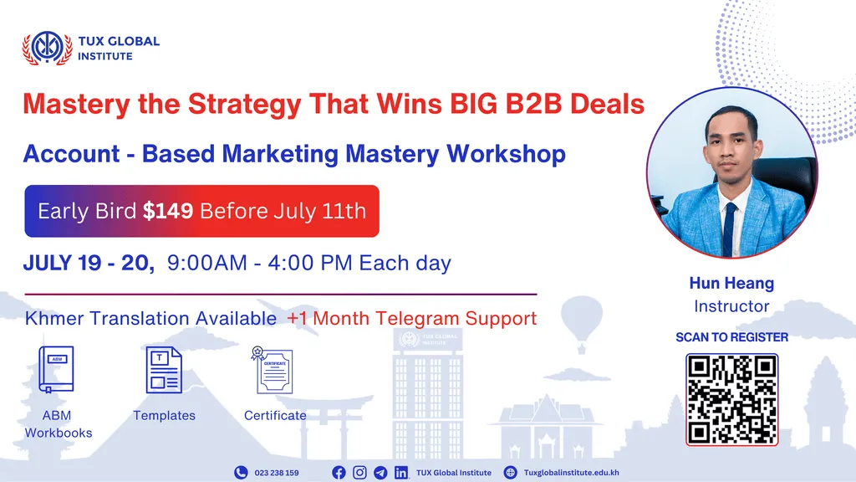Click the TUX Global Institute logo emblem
pos(47,49)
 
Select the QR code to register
pos(731,399)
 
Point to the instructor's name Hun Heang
pos(731,285)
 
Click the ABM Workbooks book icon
pos(57,370)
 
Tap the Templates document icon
pos(164,370)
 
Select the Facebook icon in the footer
pos(339,473)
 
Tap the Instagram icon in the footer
pos(359,473)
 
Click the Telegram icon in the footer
pos(380,473)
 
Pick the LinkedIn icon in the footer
pos(401,473)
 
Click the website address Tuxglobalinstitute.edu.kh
pos(571,473)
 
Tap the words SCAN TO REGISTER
pos(731,337)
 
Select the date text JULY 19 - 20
pos(89,264)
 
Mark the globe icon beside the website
pos(511,473)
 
